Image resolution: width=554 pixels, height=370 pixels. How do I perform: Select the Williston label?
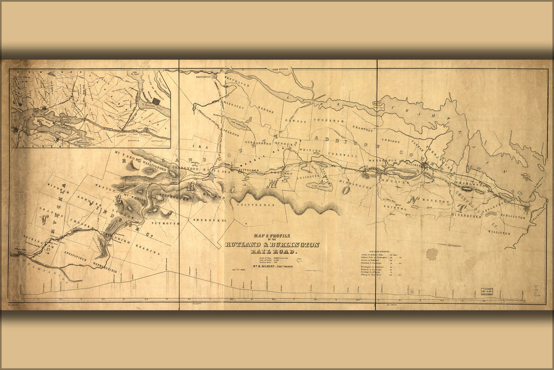(499, 233)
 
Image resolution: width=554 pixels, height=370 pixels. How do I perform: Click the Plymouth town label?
(166, 224)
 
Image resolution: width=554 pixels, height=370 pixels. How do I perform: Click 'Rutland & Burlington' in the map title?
(273, 245)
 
